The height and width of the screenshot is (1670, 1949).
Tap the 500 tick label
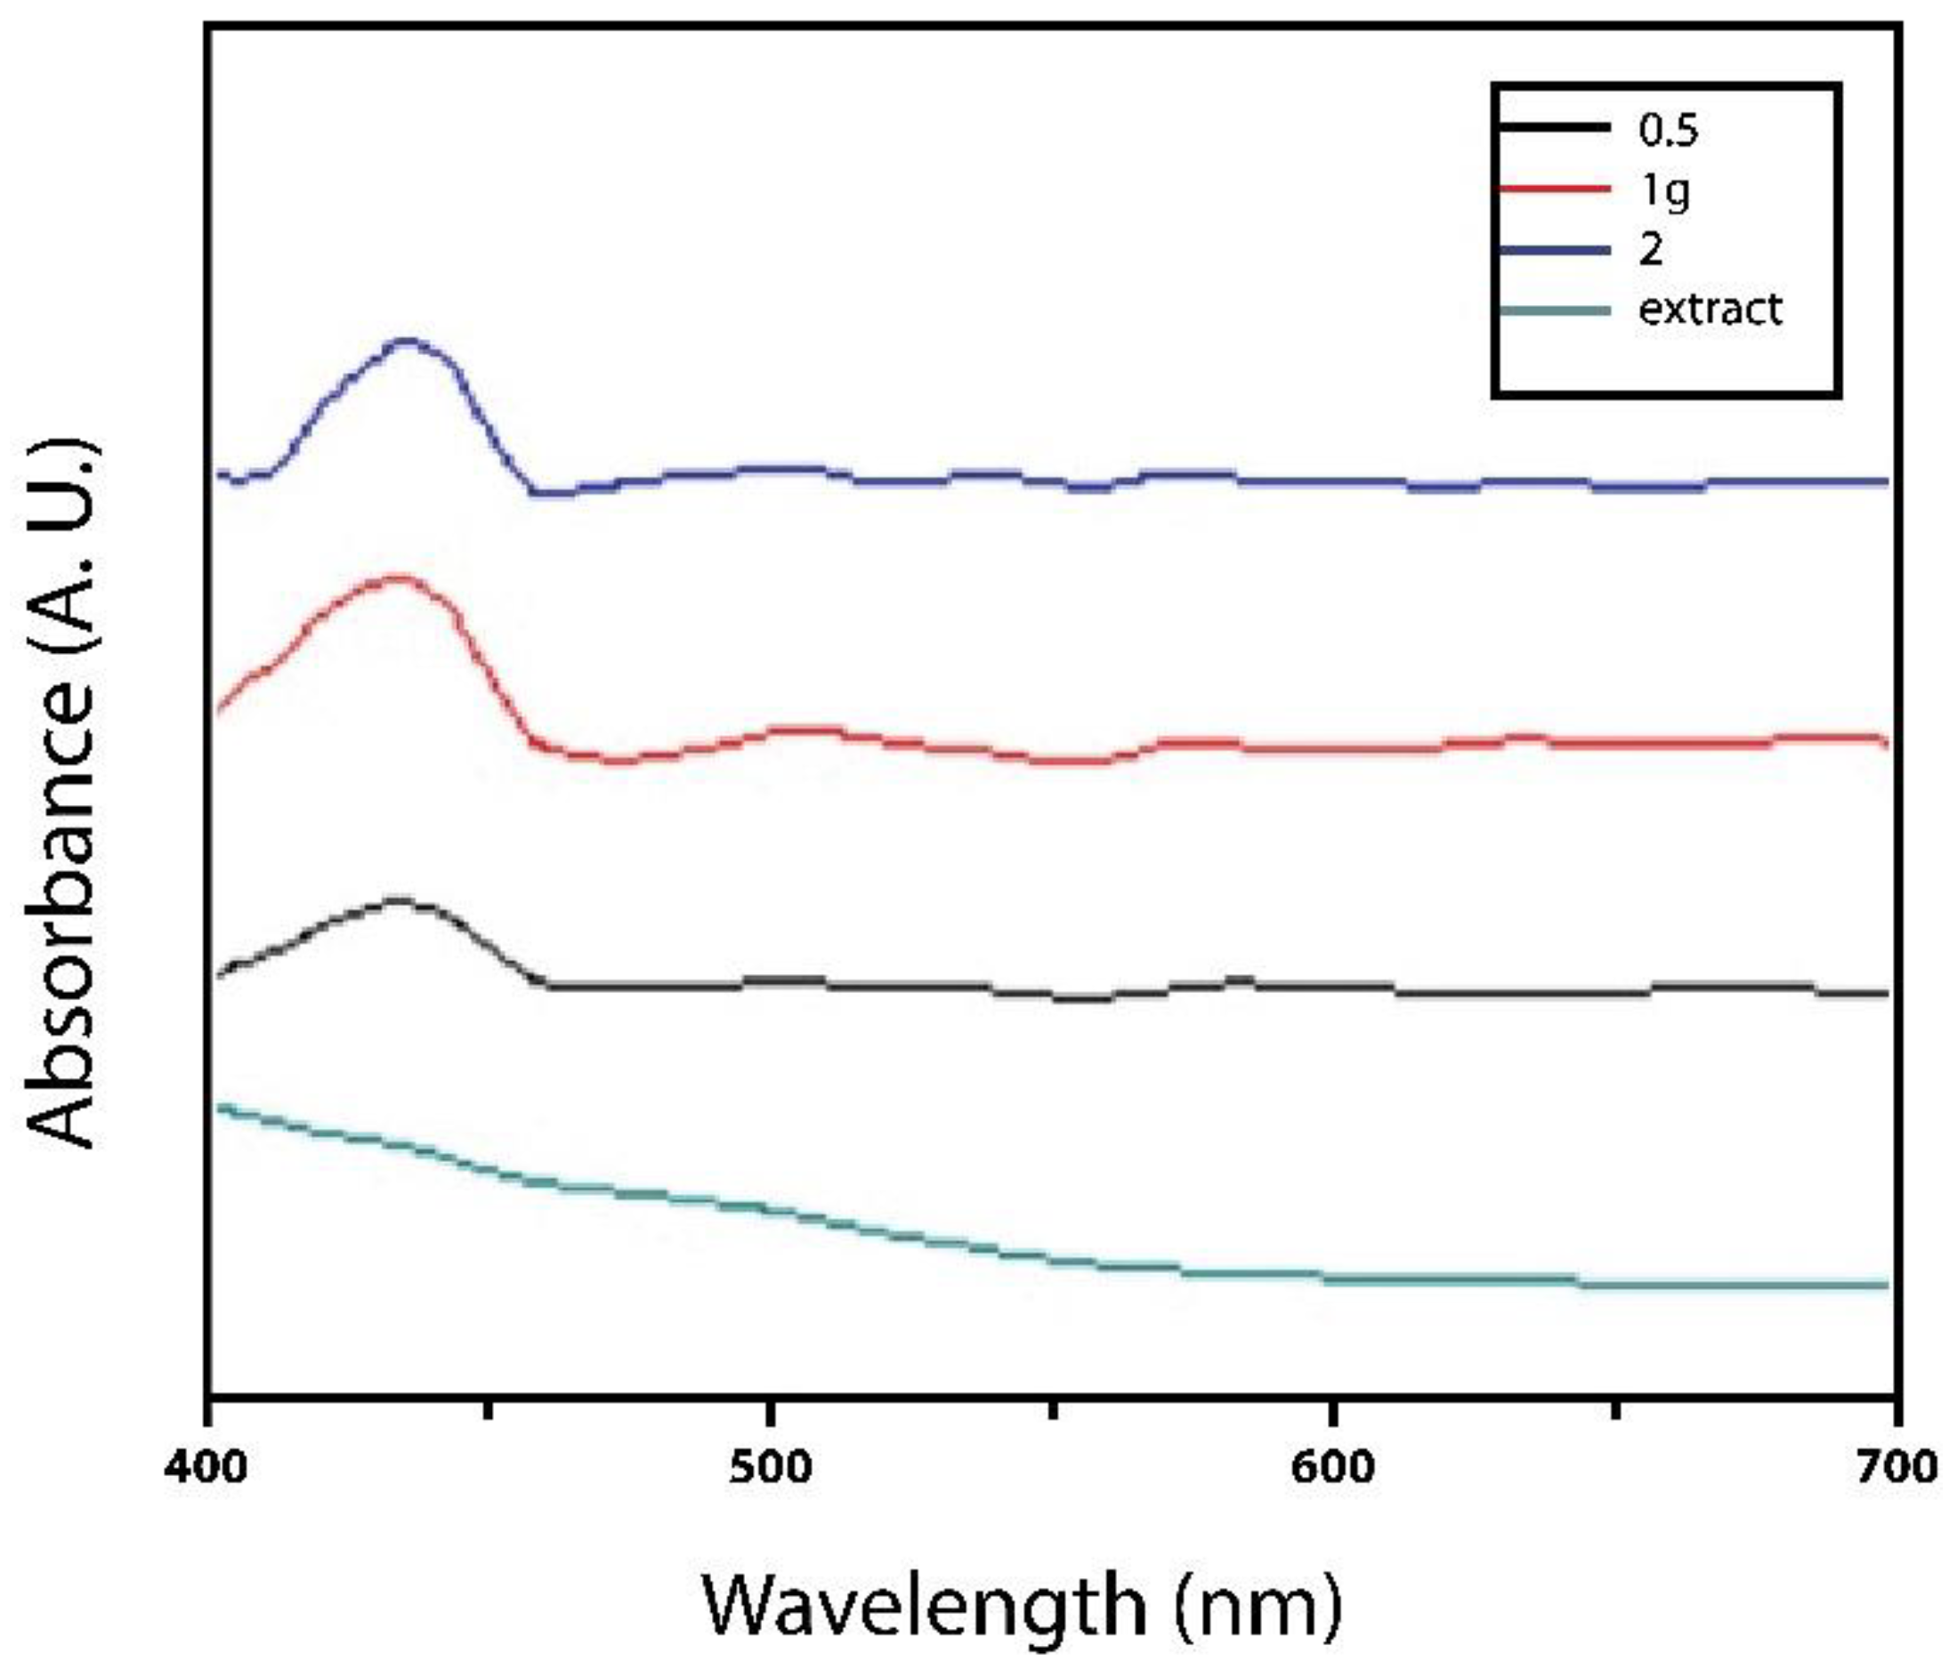pyautogui.click(x=771, y=1468)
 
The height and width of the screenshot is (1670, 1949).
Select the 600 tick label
pyautogui.click(x=1332, y=1468)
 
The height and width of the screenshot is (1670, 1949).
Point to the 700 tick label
pyautogui.click(x=1895, y=1468)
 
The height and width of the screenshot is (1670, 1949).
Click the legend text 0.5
pyautogui.click(x=1668, y=131)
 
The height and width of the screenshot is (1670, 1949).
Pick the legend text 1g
pyautogui.click(x=1663, y=192)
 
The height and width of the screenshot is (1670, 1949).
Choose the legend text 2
pyautogui.click(x=1651, y=250)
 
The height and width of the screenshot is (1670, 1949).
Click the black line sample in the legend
pyautogui.click(x=1554, y=127)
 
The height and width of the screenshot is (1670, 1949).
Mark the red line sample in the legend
pyautogui.click(x=1554, y=188)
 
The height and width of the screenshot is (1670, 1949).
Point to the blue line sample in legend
pyautogui.click(x=1554, y=249)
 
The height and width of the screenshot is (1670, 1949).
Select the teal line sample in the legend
pyautogui.click(x=1554, y=310)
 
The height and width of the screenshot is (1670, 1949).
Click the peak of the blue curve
pyautogui.click(x=407, y=342)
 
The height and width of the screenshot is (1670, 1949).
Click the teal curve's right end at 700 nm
pyautogui.click(x=1886, y=1286)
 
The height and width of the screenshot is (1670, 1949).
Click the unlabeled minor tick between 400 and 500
pyautogui.click(x=489, y=1411)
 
